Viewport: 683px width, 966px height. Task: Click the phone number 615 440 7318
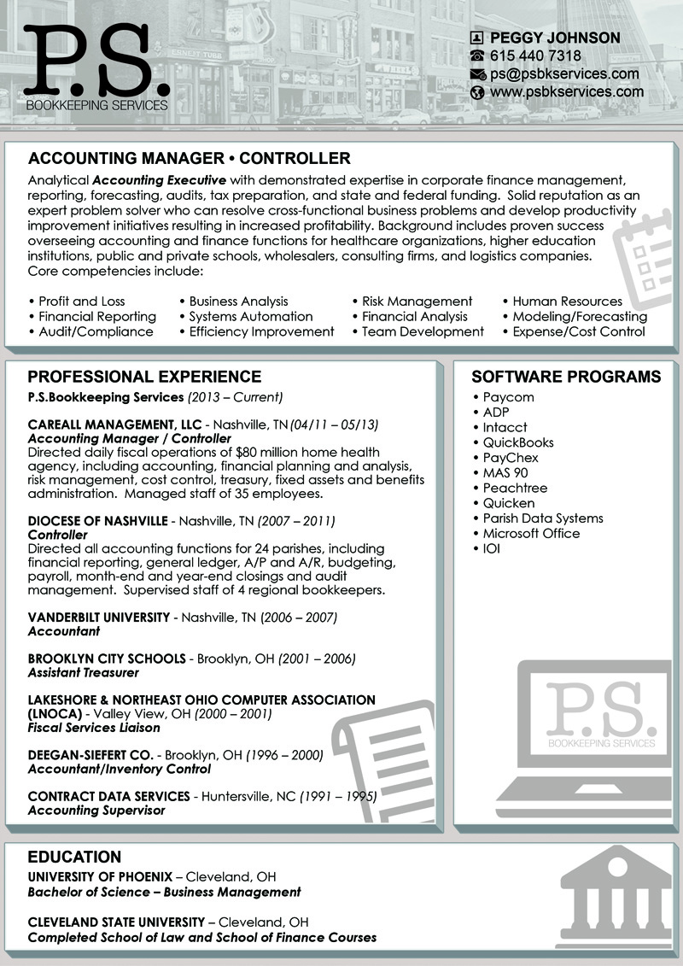coord(535,56)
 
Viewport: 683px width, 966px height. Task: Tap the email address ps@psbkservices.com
coord(564,73)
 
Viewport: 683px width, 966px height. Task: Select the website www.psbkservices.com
coord(567,91)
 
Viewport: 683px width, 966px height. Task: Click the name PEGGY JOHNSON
coord(555,38)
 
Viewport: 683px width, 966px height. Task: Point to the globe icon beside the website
coord(477,92)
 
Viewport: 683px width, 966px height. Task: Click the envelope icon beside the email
coord(477,74)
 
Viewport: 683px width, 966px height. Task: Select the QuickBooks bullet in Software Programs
coord(517,442)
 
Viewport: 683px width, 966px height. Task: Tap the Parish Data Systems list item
coord(542,518)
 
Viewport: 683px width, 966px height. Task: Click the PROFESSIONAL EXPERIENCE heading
coord(144,377)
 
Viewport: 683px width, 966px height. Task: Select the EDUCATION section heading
coord(74,857)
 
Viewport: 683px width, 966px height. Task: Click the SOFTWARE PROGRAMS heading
coord(566,377)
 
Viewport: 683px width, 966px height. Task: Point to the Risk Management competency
coord(417,302)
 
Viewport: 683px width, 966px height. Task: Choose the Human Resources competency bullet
coord(567,302)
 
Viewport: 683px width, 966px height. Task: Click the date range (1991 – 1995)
coord(337,796)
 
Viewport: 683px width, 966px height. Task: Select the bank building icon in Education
coord(605,897)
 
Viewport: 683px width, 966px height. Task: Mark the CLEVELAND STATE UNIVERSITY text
coord(116,922)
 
